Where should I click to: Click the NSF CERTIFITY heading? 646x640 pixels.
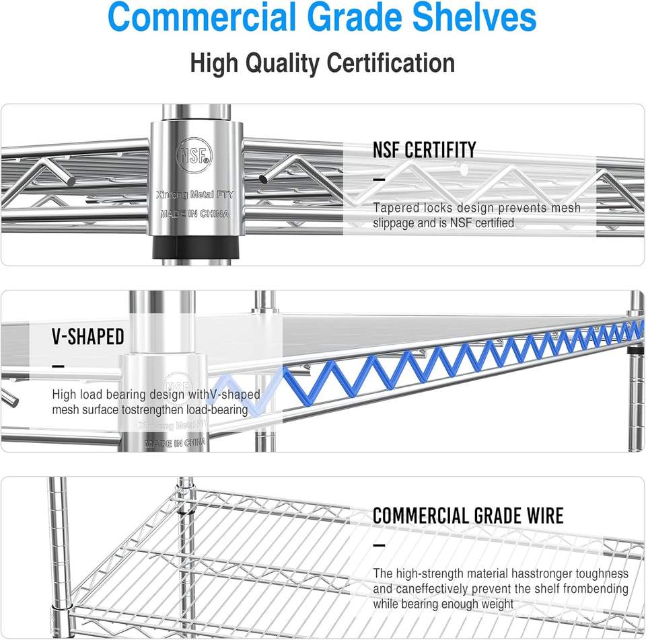(424, 150)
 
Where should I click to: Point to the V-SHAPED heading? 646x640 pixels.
(88, 337)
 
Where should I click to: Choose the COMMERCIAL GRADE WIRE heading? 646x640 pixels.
(468, 516)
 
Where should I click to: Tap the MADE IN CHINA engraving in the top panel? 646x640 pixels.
(194, 214)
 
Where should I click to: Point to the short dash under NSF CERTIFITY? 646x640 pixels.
(379, 179)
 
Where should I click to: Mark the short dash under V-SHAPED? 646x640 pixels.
(58, 366)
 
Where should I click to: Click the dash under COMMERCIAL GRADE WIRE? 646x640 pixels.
(379, 545)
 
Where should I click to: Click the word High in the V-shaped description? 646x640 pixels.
(64, 395)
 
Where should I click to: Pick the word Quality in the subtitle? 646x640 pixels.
(283, 63)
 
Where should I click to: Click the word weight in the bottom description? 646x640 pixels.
(497, 604)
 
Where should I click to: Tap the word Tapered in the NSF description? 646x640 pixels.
(394, 208)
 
